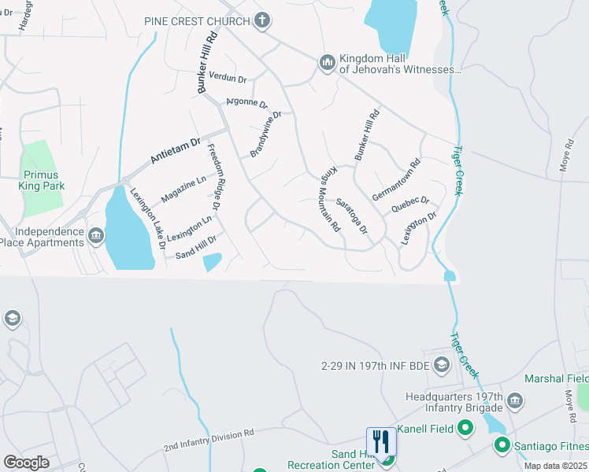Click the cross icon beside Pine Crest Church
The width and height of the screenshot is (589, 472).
(x=262, y=20)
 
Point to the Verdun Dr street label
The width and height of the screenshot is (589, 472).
(x=228, y=78)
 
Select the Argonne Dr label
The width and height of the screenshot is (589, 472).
(x=247, y=102)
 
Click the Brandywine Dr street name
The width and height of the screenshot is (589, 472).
(x=265, y=134)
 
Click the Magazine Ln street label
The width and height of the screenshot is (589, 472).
(x=183, y=189)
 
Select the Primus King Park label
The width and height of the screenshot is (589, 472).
(x=41, y=180)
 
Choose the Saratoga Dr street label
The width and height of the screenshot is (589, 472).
(x=352, y=215)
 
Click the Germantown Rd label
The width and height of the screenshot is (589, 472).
(x=397, y=180)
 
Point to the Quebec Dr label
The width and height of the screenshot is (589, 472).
(x=409, y=205)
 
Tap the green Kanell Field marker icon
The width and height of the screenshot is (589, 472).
(x=465, y=428)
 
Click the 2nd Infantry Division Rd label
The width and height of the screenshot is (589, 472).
(x=209, y=440)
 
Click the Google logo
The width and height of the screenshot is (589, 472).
(x=26, y=463)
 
